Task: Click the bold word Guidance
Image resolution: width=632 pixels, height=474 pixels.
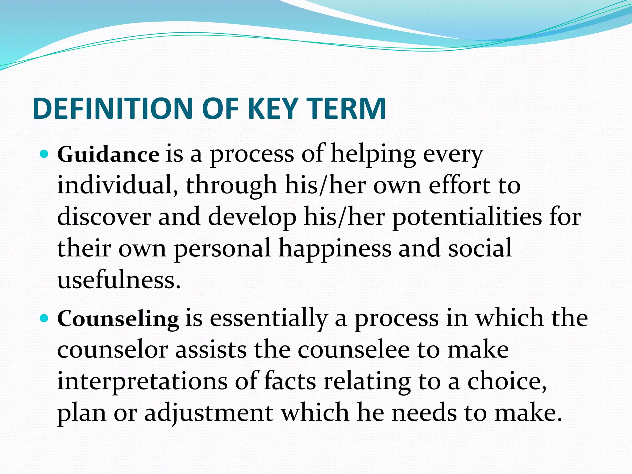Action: (108, 154)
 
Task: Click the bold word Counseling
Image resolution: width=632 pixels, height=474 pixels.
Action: (118, 319)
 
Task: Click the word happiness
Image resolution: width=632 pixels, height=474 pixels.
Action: (335, 249)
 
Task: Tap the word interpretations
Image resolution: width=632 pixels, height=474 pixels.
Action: (142, 382)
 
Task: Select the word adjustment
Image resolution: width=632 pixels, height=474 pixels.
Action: (209, 414)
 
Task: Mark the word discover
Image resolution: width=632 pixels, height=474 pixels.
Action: (104, 217)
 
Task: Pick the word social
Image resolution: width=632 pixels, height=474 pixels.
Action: (480, 249)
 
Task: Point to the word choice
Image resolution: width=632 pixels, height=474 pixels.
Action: (507, 382)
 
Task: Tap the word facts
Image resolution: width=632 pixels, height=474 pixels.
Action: (290, 381)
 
